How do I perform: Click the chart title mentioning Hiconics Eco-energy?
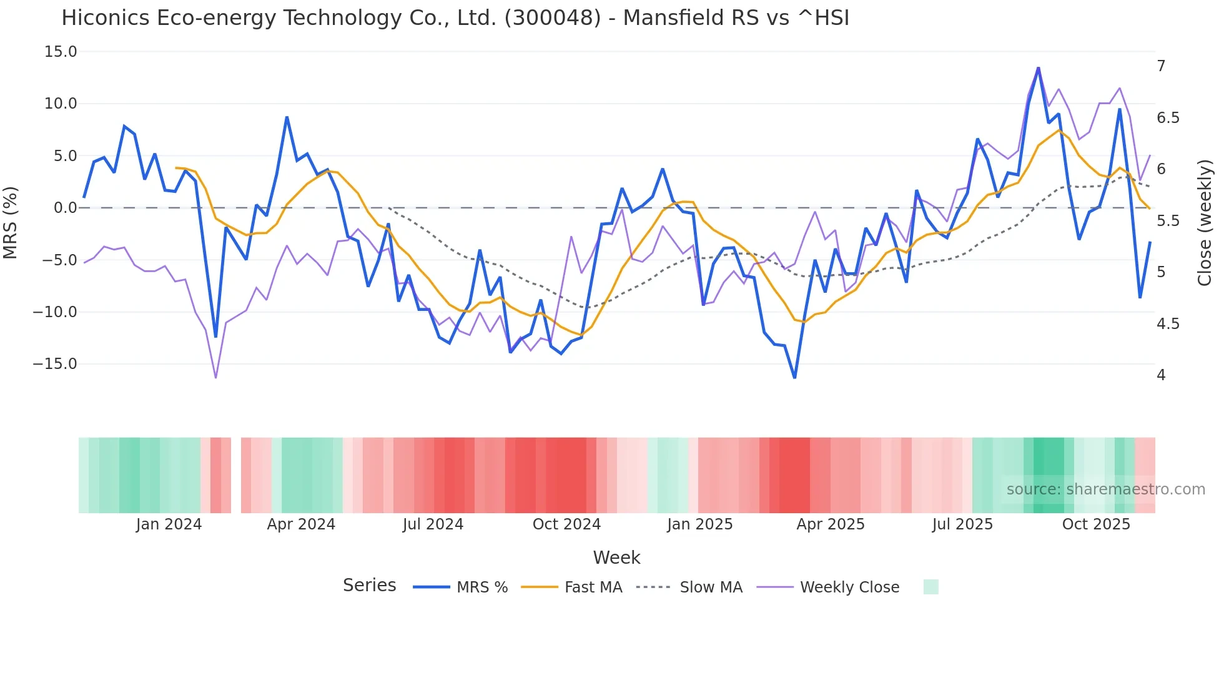coord(455,18)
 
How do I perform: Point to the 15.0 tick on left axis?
coord(61,52)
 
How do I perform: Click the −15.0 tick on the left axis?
coord(55,364)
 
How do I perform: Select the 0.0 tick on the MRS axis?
coord(66,208)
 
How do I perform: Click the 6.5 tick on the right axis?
coord(1168,118)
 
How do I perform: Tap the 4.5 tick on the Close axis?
coord(1168,324)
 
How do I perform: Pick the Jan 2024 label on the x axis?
coord(169,524)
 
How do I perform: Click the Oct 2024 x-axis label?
coord(566,524)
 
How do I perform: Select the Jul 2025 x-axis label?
coord(962,524)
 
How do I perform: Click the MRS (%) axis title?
coord(11,223)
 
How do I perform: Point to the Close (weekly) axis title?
coord(1205,223)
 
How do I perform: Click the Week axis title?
coord(616,558)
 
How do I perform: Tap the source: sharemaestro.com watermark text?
coord(1105,489)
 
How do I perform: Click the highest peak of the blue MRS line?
coord(1038,68)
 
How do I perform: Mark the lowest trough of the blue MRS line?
coord(795,377)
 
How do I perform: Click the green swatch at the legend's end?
coord(930,587)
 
